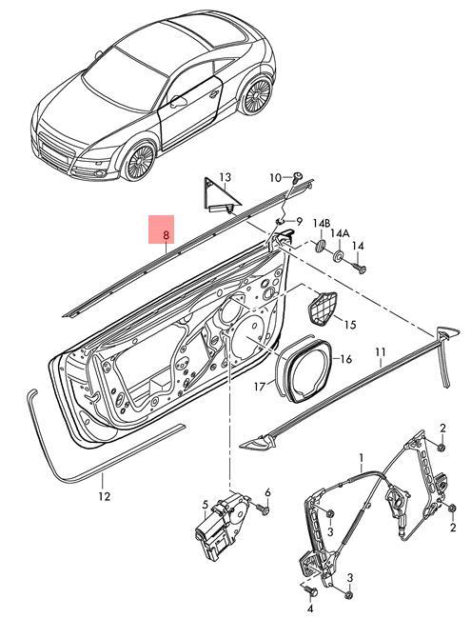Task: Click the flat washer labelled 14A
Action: pyautogui.click(x=340, y=254)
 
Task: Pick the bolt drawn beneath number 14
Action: pyautogui.click(x=360, y=269)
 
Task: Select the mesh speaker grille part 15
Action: pyautogui.click(x=321, y=307)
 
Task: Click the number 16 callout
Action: pyautogui.click(x=346, y=359)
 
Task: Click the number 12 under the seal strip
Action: pyautogui.click(x=105, y=495)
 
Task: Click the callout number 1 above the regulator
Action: pyautogui.click(x=361, y=460)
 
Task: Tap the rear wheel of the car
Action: pyautogui.click(x=256, y=96)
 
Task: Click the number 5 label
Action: pyautogui.click(x=205, y=504)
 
